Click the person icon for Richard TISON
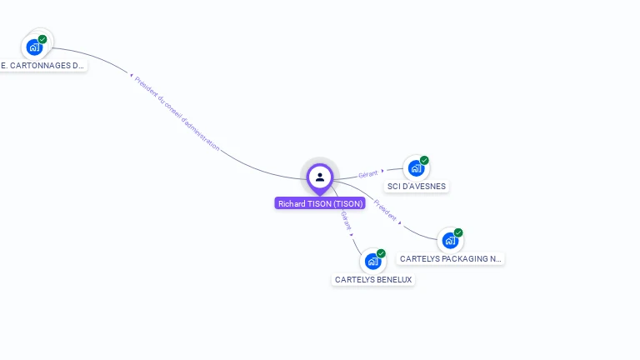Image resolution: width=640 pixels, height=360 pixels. point(320,177)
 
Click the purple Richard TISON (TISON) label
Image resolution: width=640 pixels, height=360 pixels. point(320,203)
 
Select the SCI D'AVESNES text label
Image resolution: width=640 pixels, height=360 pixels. point(417,186)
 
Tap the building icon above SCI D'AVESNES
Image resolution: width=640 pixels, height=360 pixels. point(415,168)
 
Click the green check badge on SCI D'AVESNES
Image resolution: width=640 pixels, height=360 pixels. point(424,160)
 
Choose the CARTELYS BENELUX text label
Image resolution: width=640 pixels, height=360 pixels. point(373,280)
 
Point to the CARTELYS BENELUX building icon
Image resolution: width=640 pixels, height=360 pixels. point(372,262)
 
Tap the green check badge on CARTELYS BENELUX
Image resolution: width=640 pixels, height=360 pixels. point(381,253)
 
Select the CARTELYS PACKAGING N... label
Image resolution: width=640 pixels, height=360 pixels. point(451,258)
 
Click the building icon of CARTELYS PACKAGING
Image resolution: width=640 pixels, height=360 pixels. point(450,241)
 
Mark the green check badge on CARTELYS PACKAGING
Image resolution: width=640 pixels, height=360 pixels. point(458,232)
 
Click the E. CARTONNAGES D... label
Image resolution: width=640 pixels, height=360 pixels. point(42,65)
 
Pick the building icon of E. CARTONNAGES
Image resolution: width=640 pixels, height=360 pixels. point(34,47)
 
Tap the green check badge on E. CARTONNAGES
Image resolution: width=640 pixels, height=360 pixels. point(42,39)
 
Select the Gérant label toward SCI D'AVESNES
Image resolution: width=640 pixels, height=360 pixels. point(367,174)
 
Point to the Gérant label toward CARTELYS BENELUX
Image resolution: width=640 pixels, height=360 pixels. point(346,220)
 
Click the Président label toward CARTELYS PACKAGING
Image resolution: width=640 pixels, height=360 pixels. point(385,209)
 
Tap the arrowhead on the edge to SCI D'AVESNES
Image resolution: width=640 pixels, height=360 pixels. point(382,171)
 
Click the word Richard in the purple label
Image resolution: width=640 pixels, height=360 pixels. point(292,203)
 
